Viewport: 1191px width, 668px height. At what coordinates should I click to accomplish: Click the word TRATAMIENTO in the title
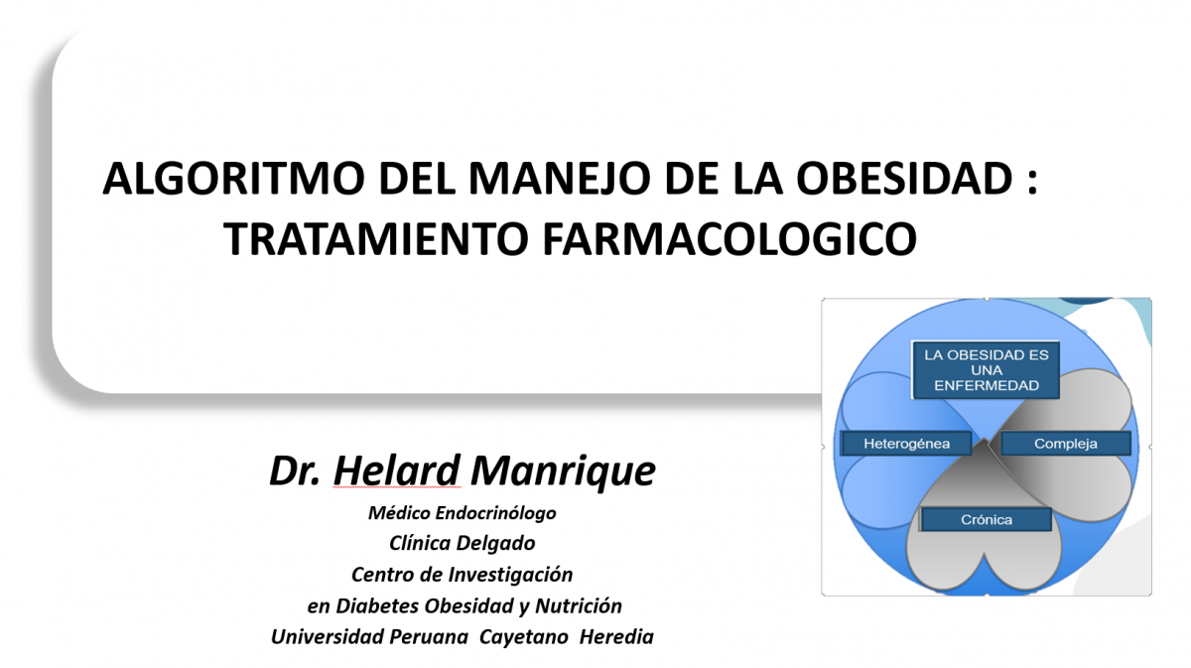click(376, 238)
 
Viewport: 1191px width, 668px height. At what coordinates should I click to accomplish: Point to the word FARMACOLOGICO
click(729, 238)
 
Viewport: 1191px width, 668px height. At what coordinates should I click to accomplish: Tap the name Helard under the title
click(396, 470)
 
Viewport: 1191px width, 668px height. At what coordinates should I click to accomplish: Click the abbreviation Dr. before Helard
click(295, 470)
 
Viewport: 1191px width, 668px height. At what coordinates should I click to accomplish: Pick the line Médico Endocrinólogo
click(463, 513)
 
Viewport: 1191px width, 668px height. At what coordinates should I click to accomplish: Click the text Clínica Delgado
click(463, 543)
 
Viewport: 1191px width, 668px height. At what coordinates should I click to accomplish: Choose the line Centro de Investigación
click(463, 575)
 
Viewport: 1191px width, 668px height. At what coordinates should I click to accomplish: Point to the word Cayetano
click(524, 636)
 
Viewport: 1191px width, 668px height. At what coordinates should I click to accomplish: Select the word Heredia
click(616, 636)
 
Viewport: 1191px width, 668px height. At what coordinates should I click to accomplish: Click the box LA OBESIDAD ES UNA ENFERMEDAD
click(987, 370)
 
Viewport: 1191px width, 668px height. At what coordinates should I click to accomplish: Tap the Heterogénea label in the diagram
click(906, 444)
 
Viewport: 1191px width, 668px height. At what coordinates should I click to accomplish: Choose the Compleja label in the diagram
click(1066, 444)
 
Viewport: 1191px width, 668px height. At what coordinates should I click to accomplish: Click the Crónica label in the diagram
click(987, 520)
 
